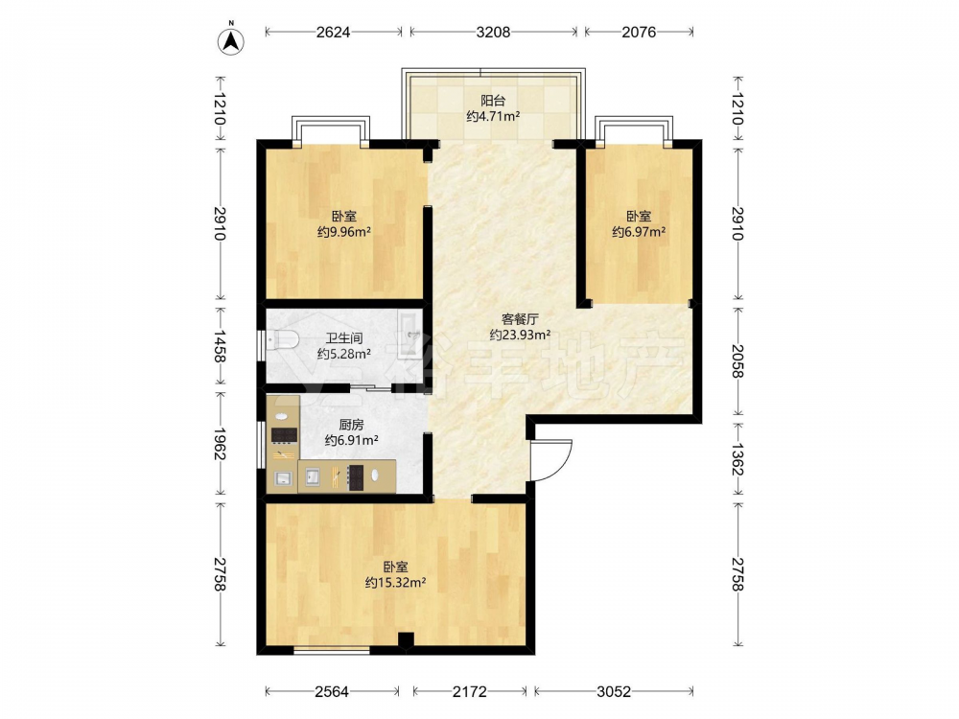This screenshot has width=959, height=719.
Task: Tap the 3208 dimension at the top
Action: pos(493,32)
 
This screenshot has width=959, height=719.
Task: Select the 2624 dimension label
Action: pos(334,32)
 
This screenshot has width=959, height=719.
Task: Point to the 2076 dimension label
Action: pos(639,32)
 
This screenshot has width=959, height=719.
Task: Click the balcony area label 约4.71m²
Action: pos(493,116)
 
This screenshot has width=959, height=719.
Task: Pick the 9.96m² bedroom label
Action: pos(344,224)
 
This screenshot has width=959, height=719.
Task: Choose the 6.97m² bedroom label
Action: pos(639,224)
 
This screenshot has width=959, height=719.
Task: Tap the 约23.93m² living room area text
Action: pos(520,335)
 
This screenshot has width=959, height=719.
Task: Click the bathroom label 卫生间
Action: pos(344,338)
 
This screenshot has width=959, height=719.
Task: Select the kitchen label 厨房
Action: pos(351,425)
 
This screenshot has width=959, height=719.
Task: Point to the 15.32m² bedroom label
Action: pos(396,574)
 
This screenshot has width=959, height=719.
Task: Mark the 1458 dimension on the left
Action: pos(220,346)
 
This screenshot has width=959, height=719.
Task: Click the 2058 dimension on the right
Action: pos(738,361)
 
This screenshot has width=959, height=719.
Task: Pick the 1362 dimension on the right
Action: pos(738,460)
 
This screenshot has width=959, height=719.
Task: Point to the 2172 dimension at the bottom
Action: pos(470,691)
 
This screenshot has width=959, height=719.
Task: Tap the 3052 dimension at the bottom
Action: pos(614,691)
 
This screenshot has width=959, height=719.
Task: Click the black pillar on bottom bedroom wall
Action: pos(406,640)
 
